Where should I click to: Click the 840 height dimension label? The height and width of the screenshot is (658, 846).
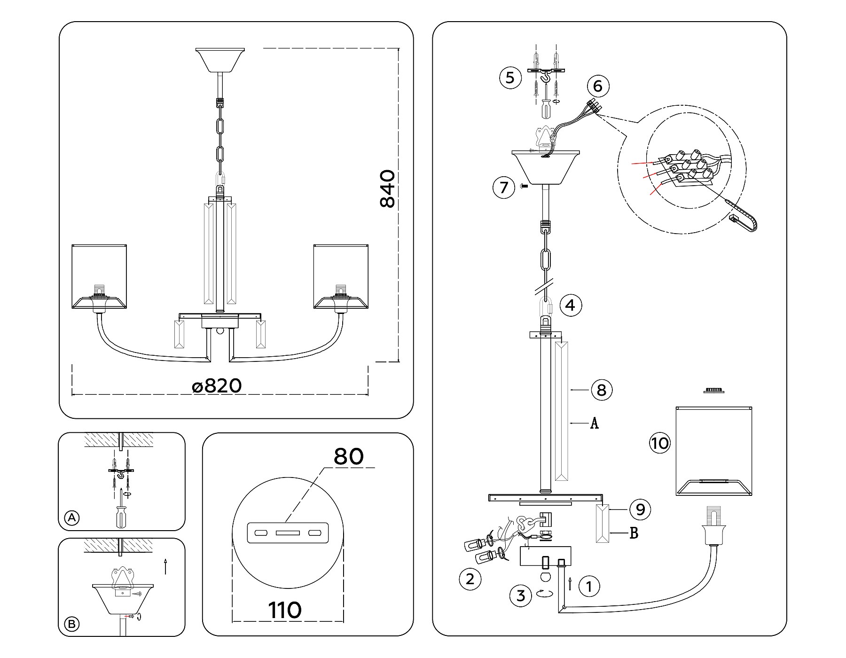(388, 189)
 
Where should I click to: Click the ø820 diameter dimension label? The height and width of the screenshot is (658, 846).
(217, 386)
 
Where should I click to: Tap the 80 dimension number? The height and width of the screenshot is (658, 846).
(348, 456)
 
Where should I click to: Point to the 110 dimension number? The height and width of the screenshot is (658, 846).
(285, 611)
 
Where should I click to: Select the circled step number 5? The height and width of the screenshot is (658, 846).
(510, 77)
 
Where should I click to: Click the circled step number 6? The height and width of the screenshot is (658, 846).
(598, 86)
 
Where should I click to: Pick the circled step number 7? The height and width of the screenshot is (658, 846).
(504, 188)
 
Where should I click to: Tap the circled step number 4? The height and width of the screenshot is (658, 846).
(570, 305)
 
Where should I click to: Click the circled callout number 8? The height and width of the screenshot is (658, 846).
(602, 390)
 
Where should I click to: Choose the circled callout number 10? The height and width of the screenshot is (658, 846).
(660, 443)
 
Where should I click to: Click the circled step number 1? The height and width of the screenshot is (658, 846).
(589, 586)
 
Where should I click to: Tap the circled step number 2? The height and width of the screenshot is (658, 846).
(470, 579)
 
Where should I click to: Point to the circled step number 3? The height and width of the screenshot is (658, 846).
(521, 595)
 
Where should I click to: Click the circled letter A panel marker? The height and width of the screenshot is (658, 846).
(72, 518)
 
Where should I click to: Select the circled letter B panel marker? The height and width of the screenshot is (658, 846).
(72, 624)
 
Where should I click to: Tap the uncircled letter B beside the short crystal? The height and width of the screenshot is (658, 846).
(634, 533)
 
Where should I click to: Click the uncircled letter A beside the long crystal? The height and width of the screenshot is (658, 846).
(594, 423)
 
